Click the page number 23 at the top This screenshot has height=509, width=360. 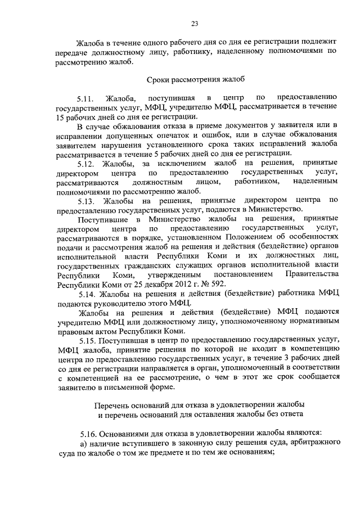point(194,23)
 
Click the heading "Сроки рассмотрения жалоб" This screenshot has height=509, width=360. point(194,80)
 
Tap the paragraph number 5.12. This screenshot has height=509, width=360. point(89,164)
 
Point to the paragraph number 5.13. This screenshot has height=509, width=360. point(89,200)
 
